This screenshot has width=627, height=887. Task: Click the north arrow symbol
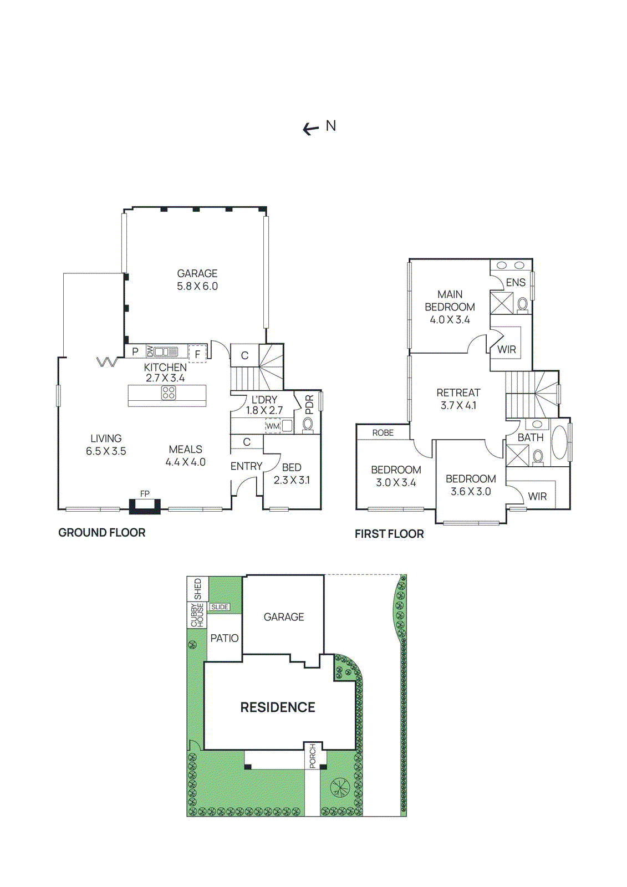(x=311, y=129)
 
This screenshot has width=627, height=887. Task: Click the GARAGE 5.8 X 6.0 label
(x=197, y=280)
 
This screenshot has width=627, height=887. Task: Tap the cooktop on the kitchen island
(x=169, y=393)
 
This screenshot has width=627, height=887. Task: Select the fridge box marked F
(x=197, y=354)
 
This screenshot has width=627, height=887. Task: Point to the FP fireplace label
(x=145, y=493)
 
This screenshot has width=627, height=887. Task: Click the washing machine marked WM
(x=273, y=426)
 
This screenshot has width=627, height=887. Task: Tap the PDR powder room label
(x=309, y=404)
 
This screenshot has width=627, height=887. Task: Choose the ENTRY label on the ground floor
(x=246, y=466)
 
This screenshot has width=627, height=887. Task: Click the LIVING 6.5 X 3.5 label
(x=106, y=445)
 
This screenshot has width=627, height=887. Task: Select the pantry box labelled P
(x=135, y=351)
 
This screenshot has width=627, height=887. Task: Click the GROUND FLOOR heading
(x=102, y=533)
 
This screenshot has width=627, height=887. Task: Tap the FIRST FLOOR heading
(x=389, y=534)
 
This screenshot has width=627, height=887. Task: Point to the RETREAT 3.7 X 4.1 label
(x=458, y=399)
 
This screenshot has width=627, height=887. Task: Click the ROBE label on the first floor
(x=383, y=432)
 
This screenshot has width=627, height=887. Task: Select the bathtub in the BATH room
(x=559, y=441)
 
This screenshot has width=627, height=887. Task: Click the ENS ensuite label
(x=516, y=282)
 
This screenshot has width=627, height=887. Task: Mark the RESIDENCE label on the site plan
(x=278, y=707)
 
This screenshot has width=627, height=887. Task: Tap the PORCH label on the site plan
(x=313, y=756)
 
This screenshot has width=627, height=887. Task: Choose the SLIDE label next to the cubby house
(x=220, y=607)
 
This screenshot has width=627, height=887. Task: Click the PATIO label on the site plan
(x=225, y=638)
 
